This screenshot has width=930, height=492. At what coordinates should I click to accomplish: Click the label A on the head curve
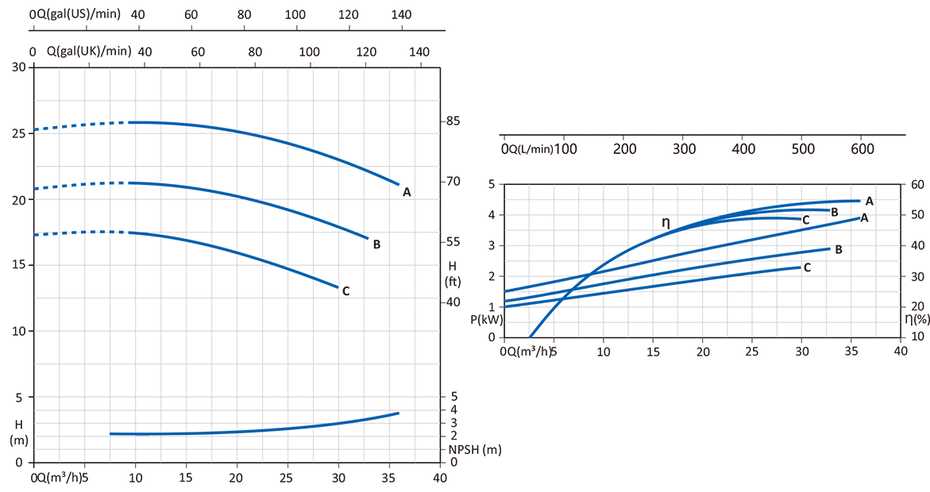tap(407, 192)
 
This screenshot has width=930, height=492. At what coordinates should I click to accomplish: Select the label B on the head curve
tap(376, 244)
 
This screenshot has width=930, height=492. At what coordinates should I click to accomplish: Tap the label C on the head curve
tap(345, 291)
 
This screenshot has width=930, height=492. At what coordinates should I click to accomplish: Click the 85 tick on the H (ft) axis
tap(453, 121)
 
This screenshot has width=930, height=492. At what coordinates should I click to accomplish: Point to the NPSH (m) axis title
tap(475, 449)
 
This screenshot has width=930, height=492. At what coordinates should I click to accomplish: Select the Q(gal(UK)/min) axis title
tap(88, 52)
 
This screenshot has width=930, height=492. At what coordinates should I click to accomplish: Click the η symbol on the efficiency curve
tap(666, 223)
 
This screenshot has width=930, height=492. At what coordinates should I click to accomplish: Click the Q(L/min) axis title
tap(533, 149)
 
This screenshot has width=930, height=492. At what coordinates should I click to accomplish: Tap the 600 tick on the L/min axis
tap(862, 149)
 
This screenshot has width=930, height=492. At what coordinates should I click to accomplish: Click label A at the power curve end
tap(864, 217)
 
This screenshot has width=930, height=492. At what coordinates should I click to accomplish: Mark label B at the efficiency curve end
tap(835, 212)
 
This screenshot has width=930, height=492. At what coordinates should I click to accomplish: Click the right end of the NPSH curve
tap(398, 413)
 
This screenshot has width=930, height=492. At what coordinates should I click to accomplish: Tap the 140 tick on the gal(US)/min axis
tap(402, 14)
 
